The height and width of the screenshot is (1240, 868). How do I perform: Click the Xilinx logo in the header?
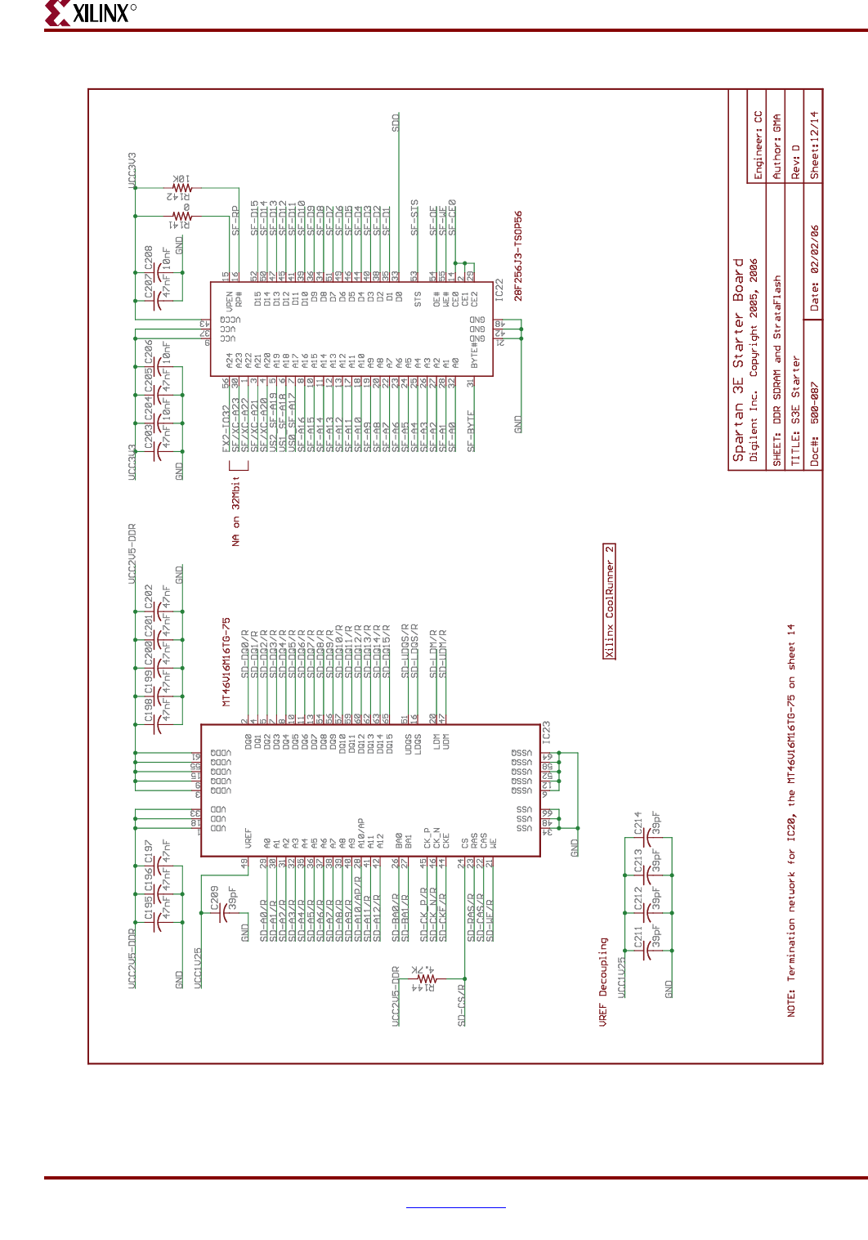[90, 13]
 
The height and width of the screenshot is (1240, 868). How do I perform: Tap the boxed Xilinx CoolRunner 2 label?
[609, 601]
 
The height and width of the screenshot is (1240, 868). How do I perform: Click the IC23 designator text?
[546, 732]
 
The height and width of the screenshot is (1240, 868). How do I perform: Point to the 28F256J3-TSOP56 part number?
[518, 256]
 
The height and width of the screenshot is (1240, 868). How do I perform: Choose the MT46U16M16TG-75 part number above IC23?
[226, 661]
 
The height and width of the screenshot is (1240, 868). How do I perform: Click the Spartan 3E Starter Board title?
[739, 360]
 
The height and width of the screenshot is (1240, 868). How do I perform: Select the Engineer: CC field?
[758, 145]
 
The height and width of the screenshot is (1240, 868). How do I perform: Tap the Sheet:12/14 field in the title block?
[813, 145]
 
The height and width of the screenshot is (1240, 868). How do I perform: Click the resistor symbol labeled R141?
[181, 217]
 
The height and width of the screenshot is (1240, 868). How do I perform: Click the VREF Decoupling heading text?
[603, 981]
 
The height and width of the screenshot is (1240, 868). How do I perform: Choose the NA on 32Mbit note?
[236, 511]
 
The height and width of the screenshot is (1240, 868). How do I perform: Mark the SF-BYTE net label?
[471, 431]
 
